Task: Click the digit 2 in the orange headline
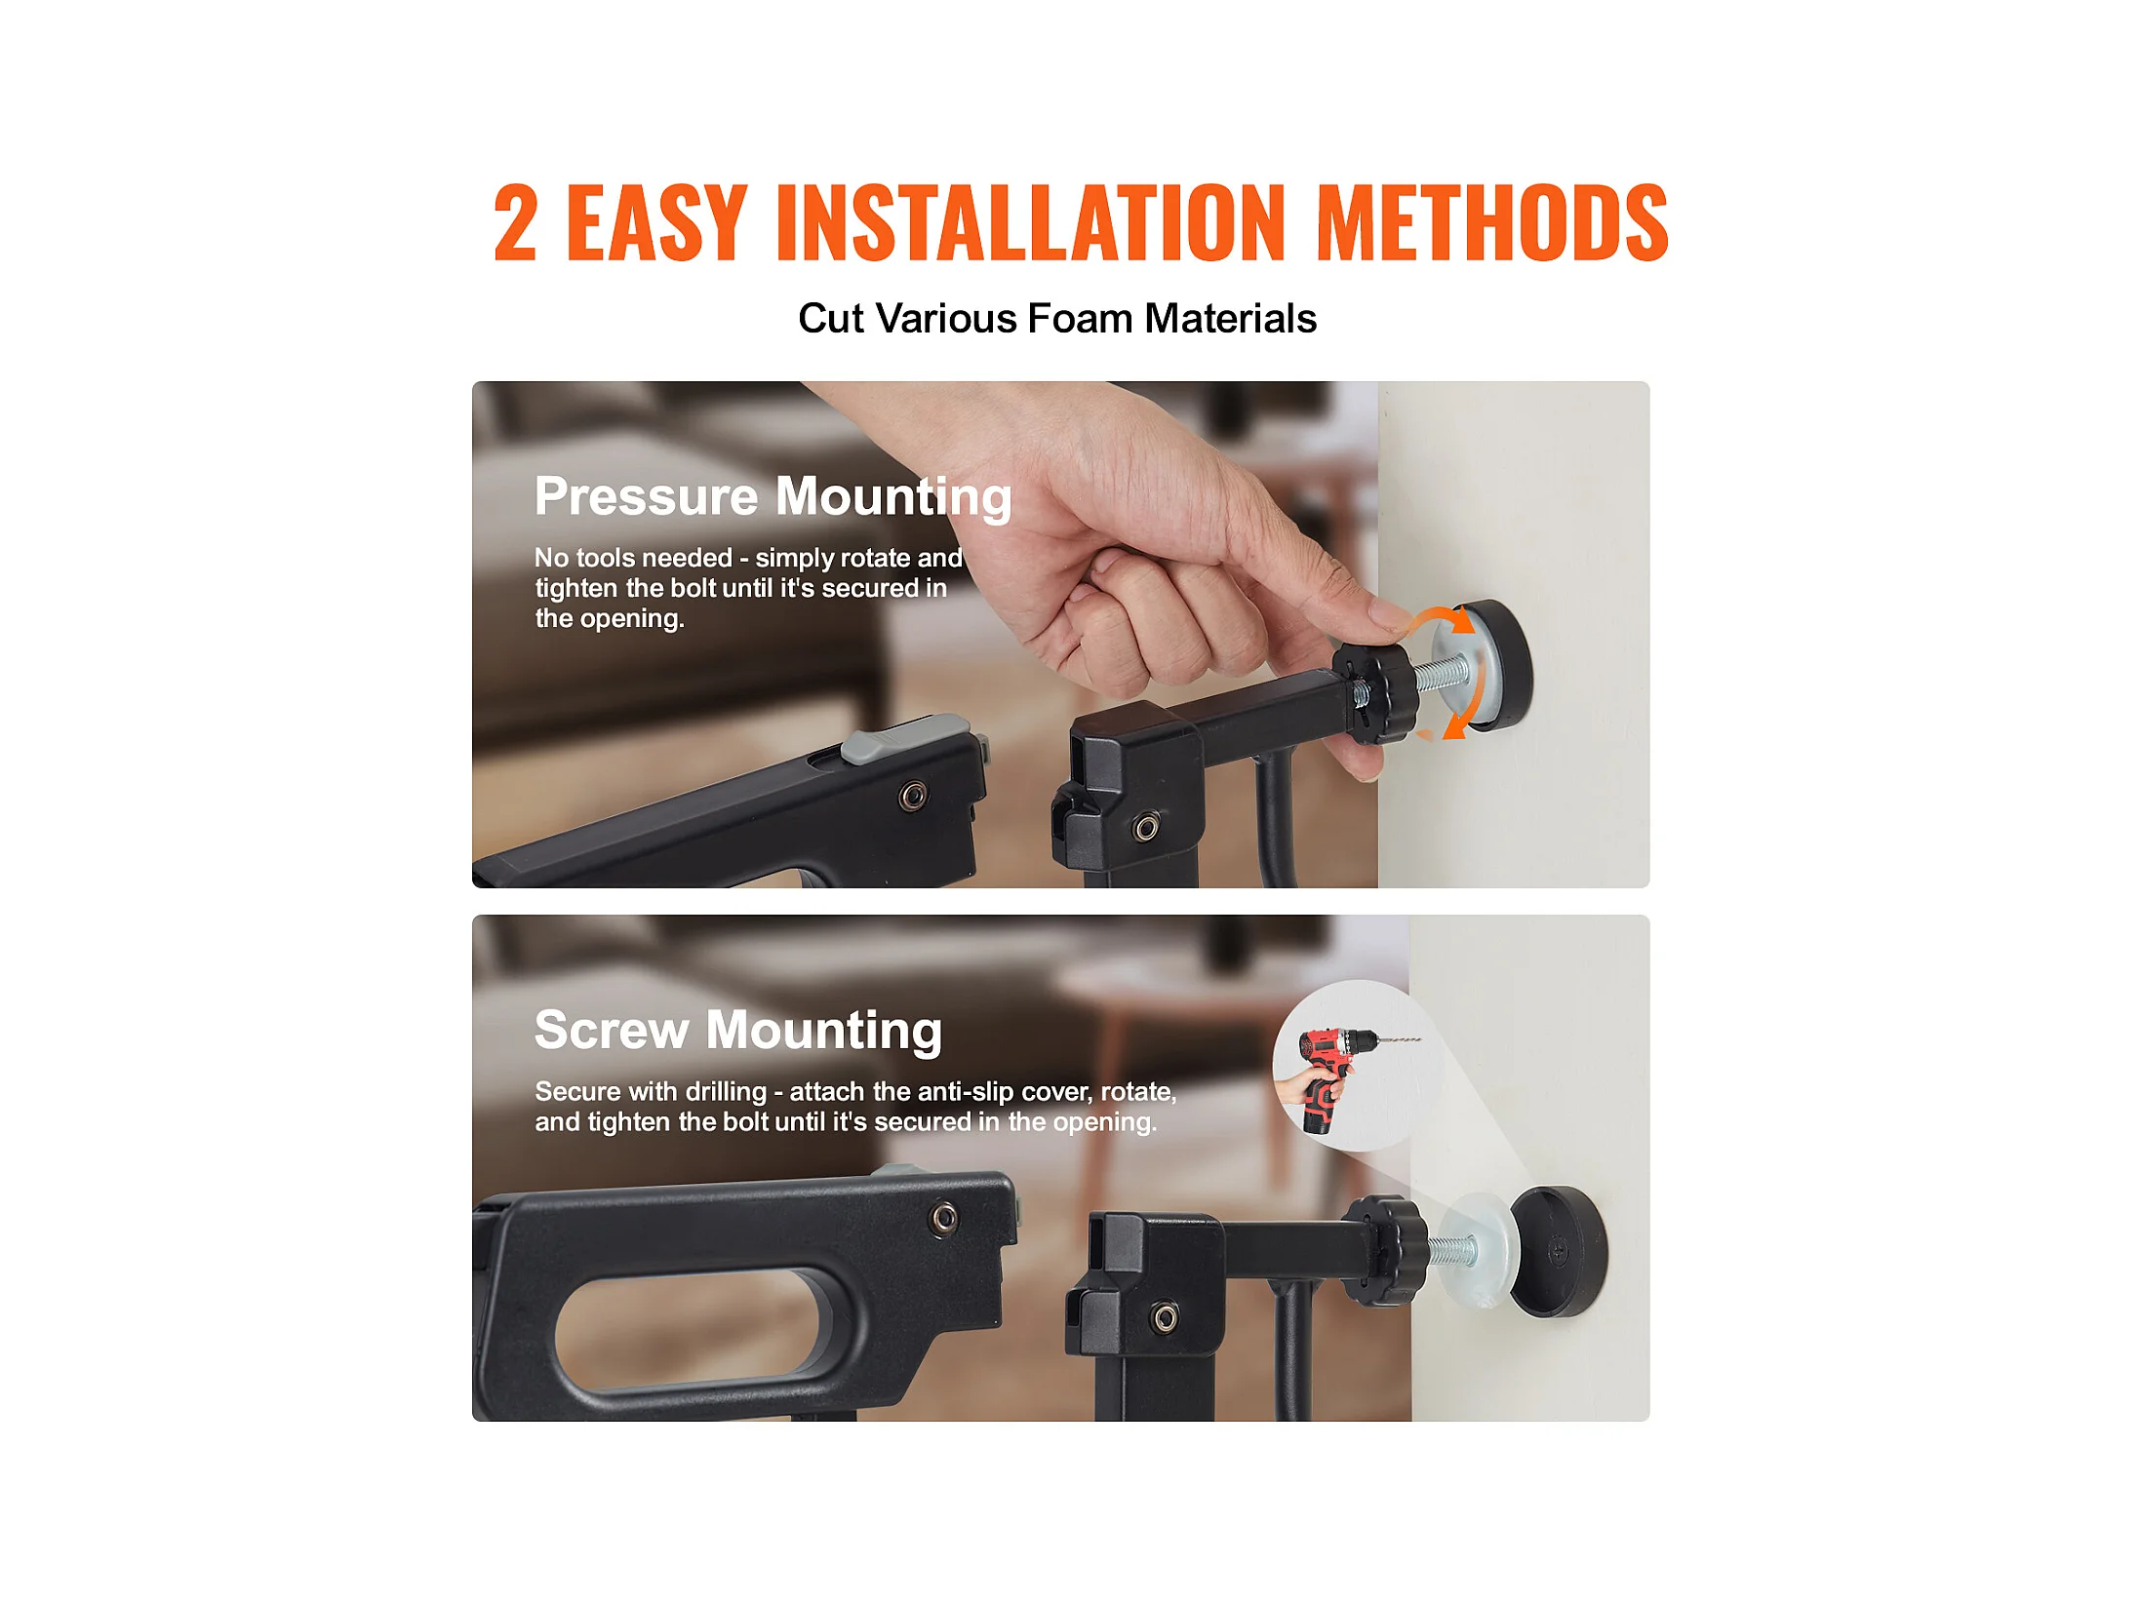515,223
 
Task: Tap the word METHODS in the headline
1492,223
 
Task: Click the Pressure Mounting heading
773,497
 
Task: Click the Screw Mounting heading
738,1031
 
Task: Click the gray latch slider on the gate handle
905,737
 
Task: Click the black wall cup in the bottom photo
1558,1252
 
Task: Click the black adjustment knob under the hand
1376,691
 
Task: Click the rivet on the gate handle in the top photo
913,796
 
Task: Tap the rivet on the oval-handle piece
943,1217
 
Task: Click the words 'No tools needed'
633,558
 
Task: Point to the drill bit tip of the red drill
1420,1039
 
